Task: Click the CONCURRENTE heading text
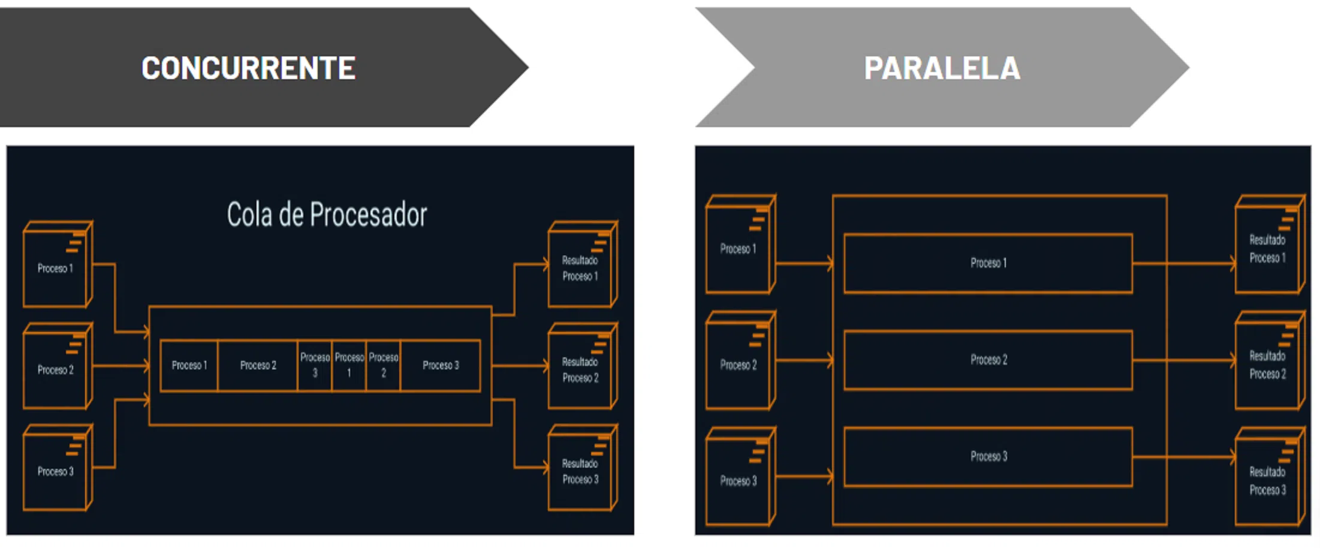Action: pos(248,68)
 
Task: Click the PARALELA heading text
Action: pos(942,68)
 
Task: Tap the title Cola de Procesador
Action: pos(327,215)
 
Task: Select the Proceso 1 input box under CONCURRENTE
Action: pos(56,267)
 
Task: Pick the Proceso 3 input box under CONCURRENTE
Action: pos(56,470)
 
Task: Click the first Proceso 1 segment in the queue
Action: pos(189,365)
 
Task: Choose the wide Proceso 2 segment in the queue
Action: pos(258,365)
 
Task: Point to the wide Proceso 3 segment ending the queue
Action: pos(441,365)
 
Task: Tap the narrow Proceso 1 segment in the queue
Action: pos(349,365)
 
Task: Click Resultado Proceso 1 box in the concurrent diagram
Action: pos(580,267)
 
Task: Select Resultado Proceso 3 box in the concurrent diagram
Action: pos(580,470)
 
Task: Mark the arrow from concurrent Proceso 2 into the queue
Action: pos(120,365)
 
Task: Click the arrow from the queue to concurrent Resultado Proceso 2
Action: pos(519,365)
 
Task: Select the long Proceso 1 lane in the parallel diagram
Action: pos(988,263)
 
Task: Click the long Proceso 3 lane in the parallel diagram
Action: pos(988,456)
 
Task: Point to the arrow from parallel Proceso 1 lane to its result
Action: pos(1184,263)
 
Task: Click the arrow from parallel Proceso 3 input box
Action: pos(803,477)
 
